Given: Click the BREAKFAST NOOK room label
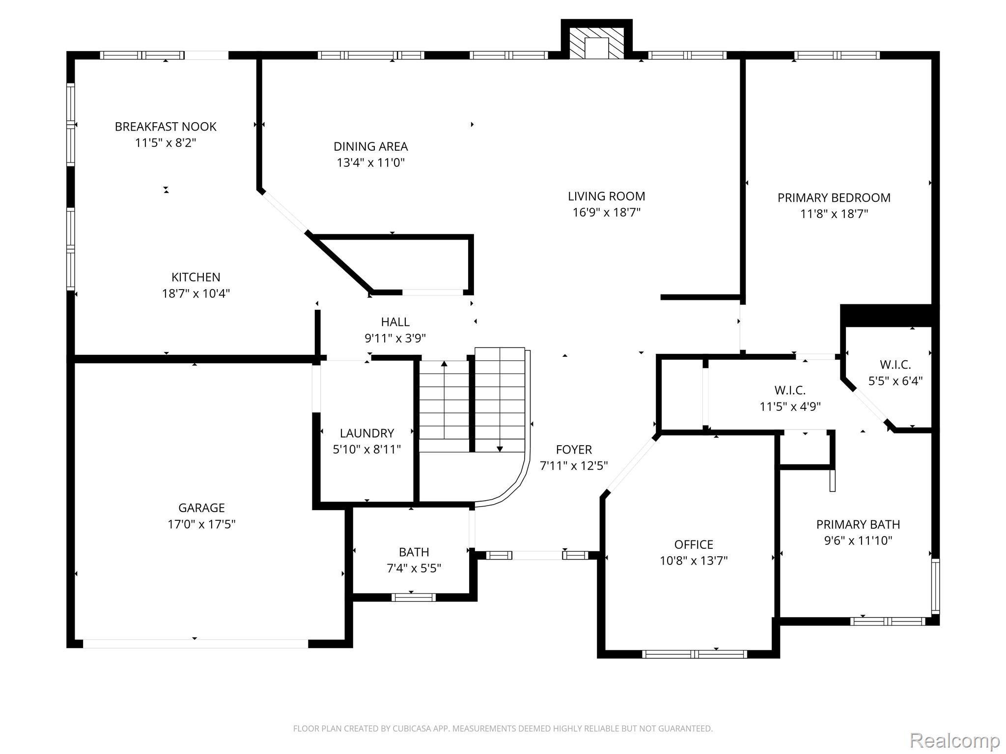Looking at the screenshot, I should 166,127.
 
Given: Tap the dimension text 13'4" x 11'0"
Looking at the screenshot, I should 370,162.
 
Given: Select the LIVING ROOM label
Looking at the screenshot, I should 606,196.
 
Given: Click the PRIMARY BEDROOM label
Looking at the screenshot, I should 834,198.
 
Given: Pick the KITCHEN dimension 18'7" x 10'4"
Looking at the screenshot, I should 196,294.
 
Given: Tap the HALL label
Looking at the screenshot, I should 395,322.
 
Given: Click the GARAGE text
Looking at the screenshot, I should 201,508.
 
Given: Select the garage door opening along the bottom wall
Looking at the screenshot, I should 195,644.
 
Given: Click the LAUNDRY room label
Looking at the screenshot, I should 367,433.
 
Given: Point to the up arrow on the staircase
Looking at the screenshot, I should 444,364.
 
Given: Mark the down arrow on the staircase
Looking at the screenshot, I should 500,448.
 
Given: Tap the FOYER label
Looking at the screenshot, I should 574,450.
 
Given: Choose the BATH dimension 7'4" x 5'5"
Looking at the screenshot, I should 414,568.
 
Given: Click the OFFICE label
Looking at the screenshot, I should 694,544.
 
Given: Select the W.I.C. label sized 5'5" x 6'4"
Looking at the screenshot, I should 895,365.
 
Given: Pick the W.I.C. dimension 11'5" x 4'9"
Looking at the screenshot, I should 790,406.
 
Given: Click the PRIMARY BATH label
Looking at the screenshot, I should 858,524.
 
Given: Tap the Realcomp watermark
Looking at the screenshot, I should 954,740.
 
